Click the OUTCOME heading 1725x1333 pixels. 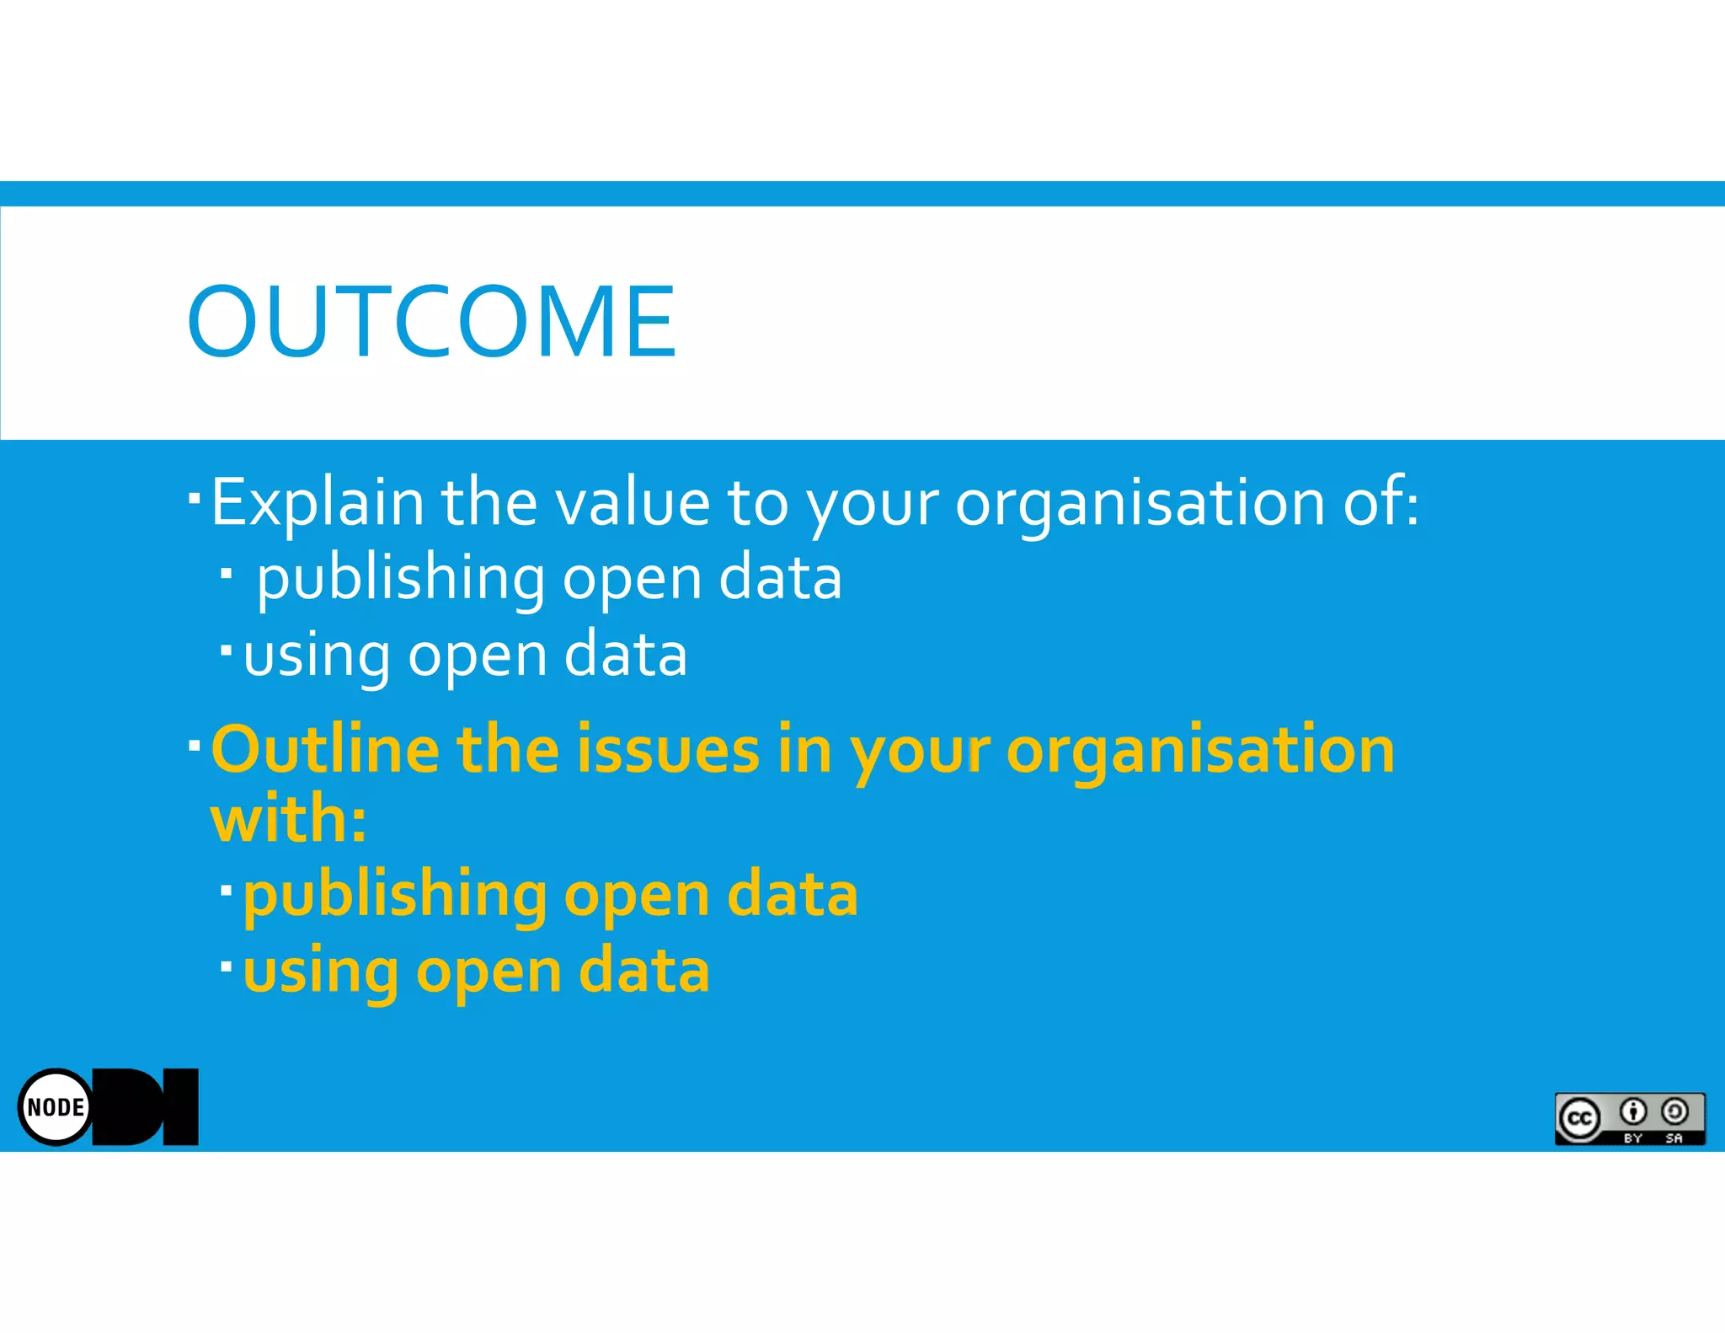[431, 321]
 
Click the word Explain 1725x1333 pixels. [317, 503]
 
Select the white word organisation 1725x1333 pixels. [1139, 503]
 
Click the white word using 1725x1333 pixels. [317, 656]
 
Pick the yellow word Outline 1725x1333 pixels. [325, 749]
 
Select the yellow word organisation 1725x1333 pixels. [1200, 749]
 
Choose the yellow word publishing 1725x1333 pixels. [394, 895]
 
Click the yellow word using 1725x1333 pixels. [320, 972]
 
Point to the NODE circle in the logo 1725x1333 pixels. [56, 1106]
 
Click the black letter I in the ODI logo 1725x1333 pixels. [181, 1106]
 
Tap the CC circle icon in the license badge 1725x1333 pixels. [1579, 1118]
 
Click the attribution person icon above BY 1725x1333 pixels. [1633, 1112]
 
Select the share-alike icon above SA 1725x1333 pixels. [1674, 1112]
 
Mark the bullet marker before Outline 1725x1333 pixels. [195, 745]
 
